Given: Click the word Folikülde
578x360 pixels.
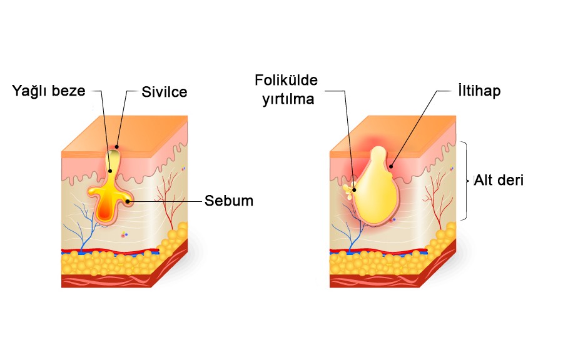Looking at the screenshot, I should (x=286, y=81).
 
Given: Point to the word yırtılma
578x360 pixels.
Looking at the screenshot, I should (x=288, y=99).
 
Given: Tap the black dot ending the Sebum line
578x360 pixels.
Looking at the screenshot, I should (x=128, y=201).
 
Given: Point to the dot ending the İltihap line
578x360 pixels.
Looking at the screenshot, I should (x=391, y=166).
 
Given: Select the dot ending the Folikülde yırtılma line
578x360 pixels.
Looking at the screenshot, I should (x=354, y=188).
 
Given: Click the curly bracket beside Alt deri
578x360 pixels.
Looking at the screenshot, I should (x=466, y=181).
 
